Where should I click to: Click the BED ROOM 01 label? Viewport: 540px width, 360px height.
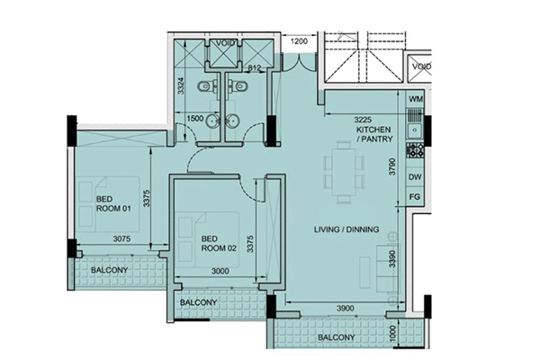pyautogui.click(x=113, y=203)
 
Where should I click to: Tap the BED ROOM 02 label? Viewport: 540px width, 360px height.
pyautogui.click(x=219, y=243)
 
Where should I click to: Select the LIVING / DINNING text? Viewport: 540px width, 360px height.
pyautogui.click(x=346, y=229)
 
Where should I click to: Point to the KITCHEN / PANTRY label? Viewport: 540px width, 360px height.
pyautogui.click(x=374, y=134)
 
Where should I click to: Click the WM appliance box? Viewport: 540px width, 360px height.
pyautogui.click(x=415, y=99)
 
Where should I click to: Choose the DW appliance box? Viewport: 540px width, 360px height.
pyautogui.click(x=415, y=177)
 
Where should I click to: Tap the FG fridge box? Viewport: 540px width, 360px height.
pyautogui.click(x=415, y=197)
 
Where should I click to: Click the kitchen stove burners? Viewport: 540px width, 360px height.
pyautogui.click(x=415, y=150)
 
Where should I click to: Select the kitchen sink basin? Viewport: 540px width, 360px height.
pyautogui.click(x=415, y=130)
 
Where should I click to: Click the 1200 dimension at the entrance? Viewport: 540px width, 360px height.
pyautogui.click(x=299, y=41)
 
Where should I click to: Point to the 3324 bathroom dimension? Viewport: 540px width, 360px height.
pyautogui.click(x=181, y=85)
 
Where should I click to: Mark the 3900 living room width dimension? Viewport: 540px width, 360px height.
pyautogui.click(x=345, y=309)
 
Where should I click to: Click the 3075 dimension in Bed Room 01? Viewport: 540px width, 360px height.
pyautogui.click(x=121, y=238)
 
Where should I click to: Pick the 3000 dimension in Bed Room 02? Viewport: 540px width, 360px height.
pyautogui.click(x=220, y=271)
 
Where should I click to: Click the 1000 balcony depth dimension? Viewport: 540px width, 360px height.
pyautogui.click(x=394, y=333)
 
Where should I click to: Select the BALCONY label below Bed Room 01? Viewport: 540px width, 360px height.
pyautogui.click(x=109, y=270)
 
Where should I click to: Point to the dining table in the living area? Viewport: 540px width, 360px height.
pyautogui.click(x=345, y=172)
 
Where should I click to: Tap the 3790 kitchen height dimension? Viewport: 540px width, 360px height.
pyautogui.click(x=392, y=166)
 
